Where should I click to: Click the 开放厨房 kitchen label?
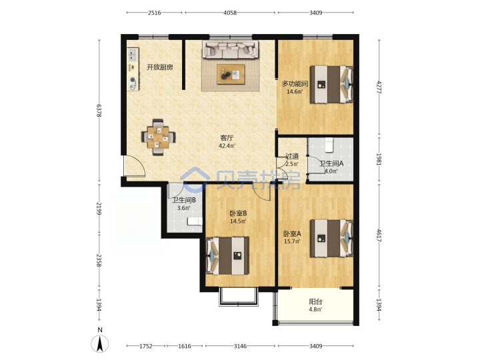[x=160, y=67]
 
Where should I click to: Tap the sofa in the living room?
[x=230, y=49]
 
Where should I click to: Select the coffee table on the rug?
[x=231, y=74]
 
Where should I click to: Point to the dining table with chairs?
[x=158, y=137]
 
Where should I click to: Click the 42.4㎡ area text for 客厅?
[x=227, y=146]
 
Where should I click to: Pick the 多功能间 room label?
[x=295, y=83]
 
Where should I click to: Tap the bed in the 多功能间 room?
[x=331, y=84]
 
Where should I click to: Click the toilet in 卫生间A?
[x=329, y=145]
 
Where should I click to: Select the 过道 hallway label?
[x=292, y=156]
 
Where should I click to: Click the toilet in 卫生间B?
[x=195, y=221]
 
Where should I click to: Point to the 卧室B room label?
[x=238, y=213]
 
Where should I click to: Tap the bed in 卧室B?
[x=227, y=255]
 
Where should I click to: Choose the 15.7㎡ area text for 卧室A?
[x=292, y=241]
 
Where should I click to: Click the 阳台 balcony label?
[x=315, y=301]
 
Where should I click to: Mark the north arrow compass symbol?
[x=100, y=343]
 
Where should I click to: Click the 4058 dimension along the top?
[x=230, y=13]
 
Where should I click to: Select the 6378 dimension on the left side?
[x=99, y=111]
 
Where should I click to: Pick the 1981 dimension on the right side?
[x=379, y=159]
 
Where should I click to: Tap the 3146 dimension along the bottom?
[x=240, y=346]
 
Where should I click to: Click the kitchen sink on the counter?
[x=133, y=55]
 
